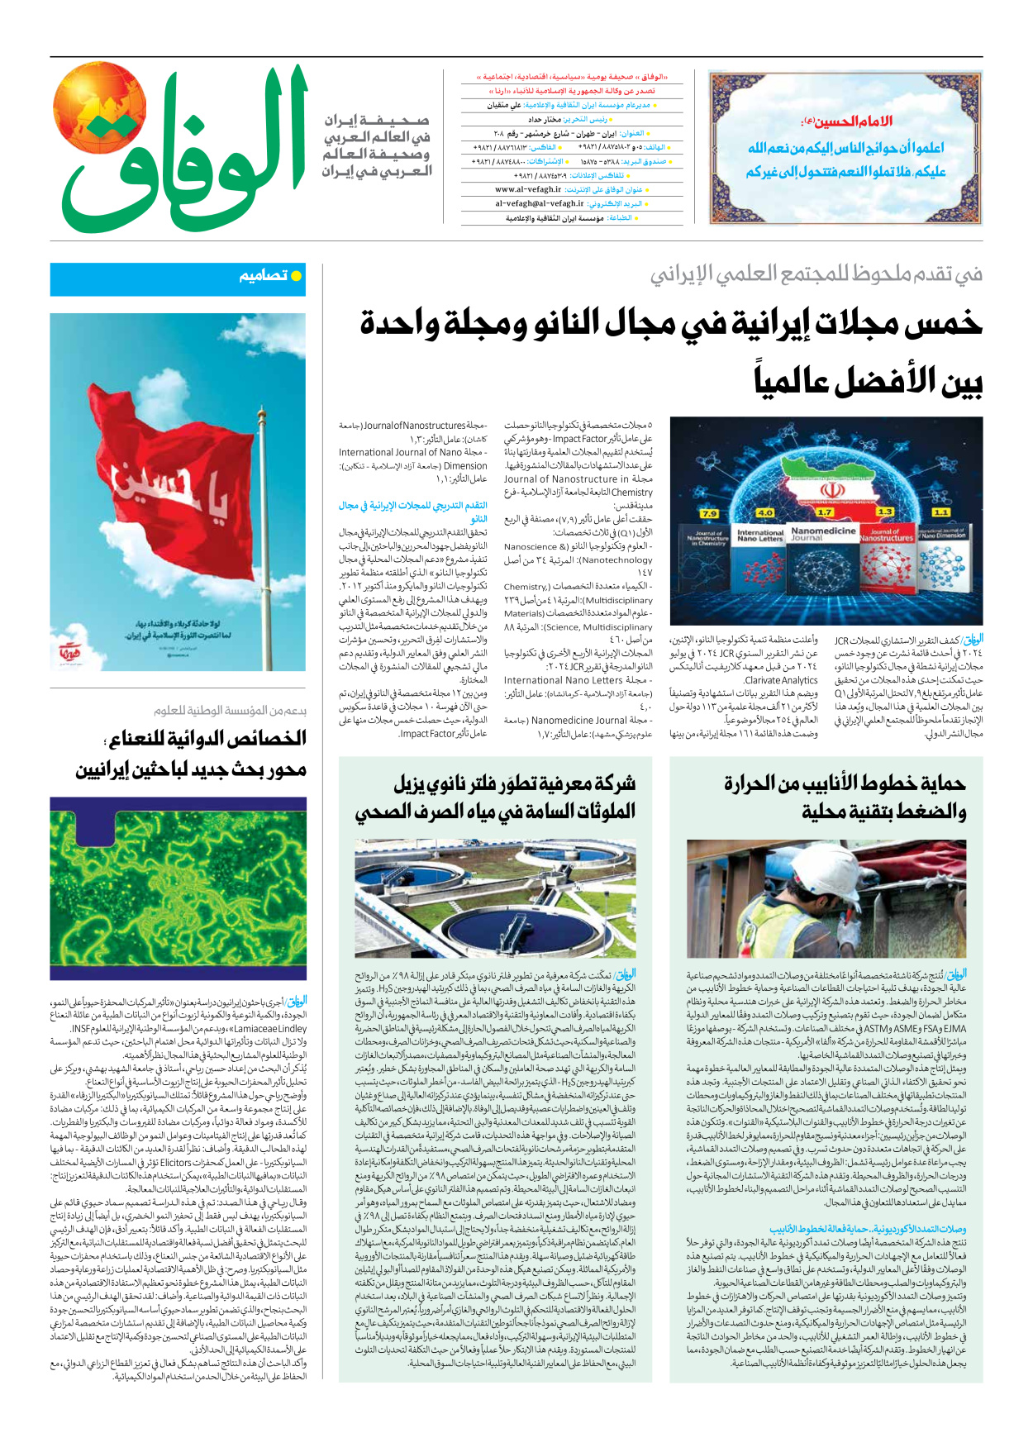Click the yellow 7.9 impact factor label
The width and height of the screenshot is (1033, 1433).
(708, 513)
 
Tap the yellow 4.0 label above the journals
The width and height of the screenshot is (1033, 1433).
(765, 512)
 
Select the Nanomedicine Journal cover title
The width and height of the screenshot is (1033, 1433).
(823, 534)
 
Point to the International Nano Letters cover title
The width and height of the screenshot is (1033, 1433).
(759, 536)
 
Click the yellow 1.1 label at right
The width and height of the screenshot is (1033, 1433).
(940, 512)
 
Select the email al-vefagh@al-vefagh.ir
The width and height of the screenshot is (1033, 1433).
(539, 203)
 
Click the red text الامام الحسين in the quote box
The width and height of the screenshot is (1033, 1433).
(847, 121)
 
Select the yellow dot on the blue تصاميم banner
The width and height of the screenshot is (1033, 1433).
(297, 276)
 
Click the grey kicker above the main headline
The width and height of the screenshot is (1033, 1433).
(816, 274)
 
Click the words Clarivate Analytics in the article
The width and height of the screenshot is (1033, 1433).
(780, 680)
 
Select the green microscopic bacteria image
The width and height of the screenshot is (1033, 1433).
(178, 888)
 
